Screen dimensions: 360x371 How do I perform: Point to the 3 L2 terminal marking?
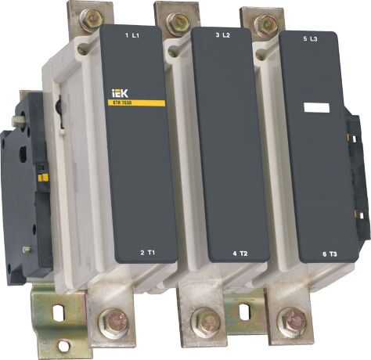pos(222,37)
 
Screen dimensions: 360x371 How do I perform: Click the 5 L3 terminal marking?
pos(308,37)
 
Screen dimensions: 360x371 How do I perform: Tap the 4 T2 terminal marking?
pos(240,232)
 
